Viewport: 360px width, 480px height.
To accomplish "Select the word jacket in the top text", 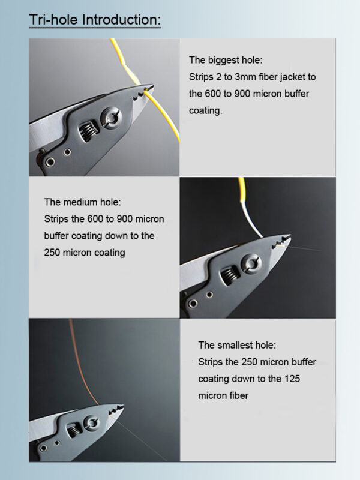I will point(295,77).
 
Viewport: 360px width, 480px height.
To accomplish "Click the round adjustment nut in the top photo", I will point(110,116).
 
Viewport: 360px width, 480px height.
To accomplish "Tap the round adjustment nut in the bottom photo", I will point(92,423).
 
